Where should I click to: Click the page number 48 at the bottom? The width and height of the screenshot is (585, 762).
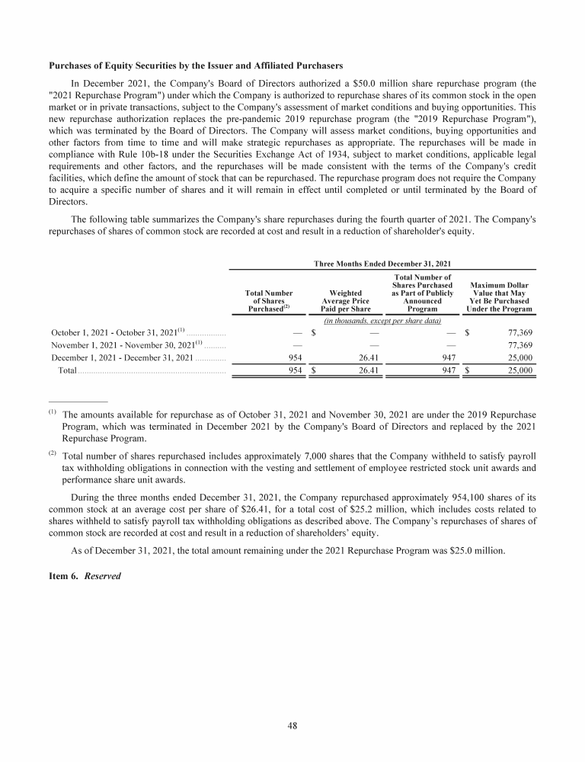(292, 725)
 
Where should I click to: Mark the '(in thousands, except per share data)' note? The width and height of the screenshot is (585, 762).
(383, 322)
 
